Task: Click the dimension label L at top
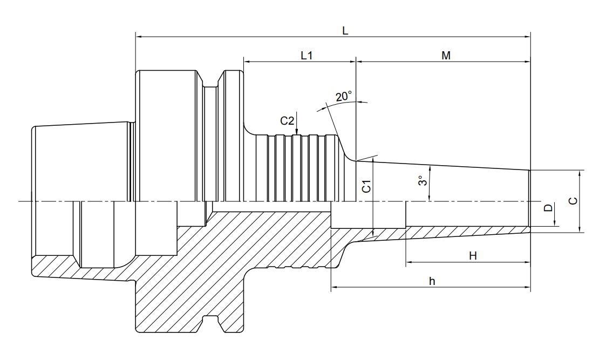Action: click(x=345, y=31)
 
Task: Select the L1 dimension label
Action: click(x=307, y=56)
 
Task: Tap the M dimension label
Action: click(x=446, y=56)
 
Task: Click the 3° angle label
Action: click(x=422, y=181)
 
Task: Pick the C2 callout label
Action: click(x=287, y=120)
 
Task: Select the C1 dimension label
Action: click(x=365, y=187)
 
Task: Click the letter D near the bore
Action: click(x=548, y=208)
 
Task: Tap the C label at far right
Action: click(x=573, y=201)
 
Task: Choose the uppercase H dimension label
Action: click(x=473, y=255)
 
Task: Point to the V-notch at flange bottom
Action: click(x=212, y=323)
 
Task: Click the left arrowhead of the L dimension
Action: click(x=138, y=37)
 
